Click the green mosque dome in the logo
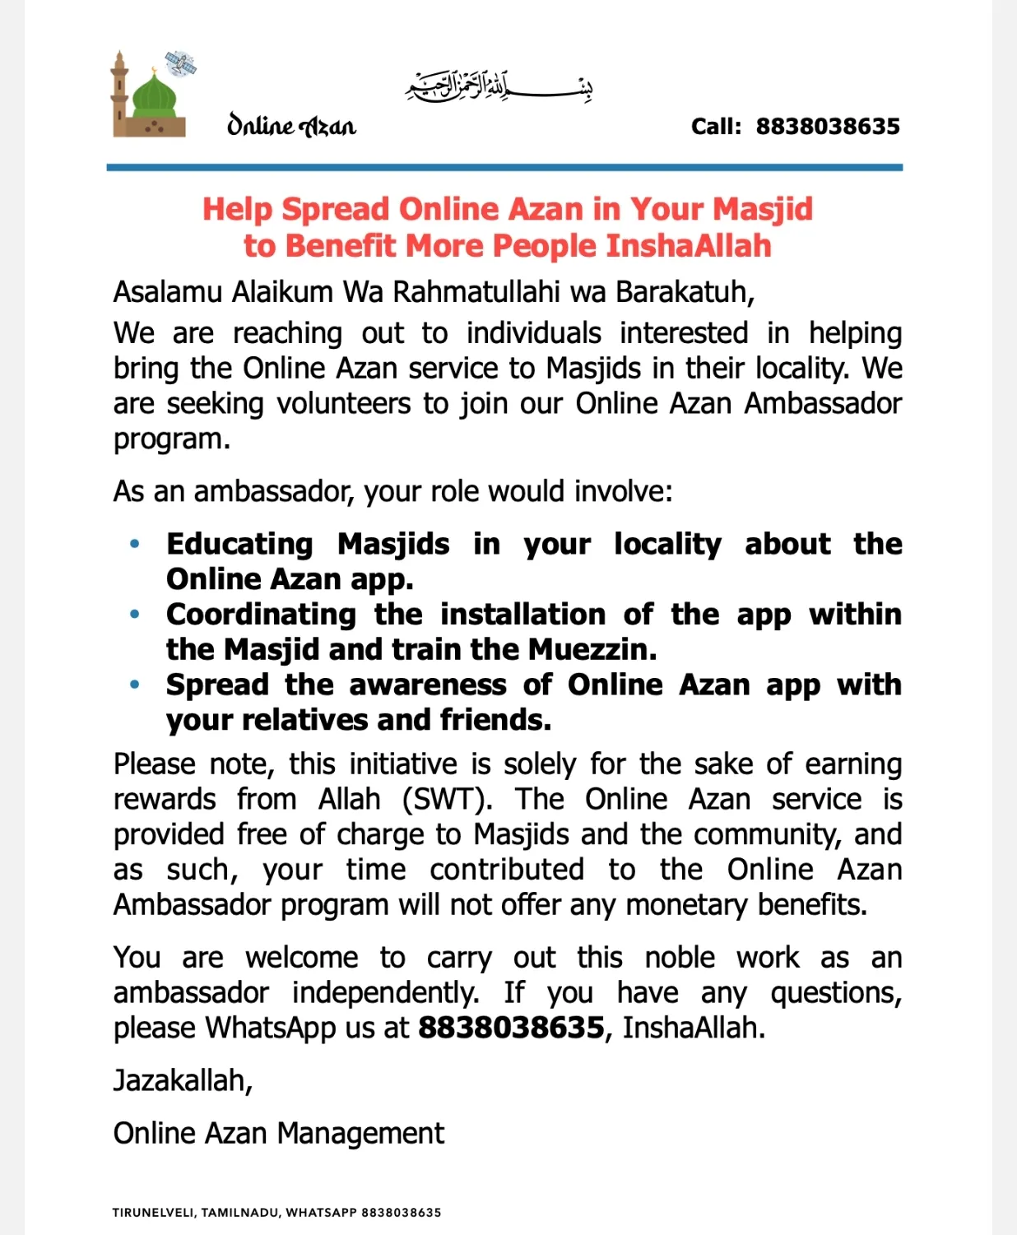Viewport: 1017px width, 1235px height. tap(155, 96)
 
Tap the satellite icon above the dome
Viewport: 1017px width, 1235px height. tap(180, 63)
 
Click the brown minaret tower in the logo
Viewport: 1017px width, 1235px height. tap(120, 95)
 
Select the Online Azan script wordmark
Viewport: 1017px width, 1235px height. tap(291, 125)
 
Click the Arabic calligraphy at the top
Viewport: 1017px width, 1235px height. tap(499, 86)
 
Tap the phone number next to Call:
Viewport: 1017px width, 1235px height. tap(828, 127)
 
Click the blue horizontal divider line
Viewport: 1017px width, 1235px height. tap(504, 168)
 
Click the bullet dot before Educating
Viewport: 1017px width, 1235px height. tap(135, 544)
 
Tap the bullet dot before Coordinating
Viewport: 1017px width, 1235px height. tap(135, 615)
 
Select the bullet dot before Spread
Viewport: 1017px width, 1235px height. tap(135, 685)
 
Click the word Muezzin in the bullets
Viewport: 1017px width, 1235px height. tap(592, 650)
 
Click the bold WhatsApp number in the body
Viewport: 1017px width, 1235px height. tap(511, 1028)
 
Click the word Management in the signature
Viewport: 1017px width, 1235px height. tap(360, 1134)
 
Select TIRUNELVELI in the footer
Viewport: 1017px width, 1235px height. tap(153, 1213)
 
